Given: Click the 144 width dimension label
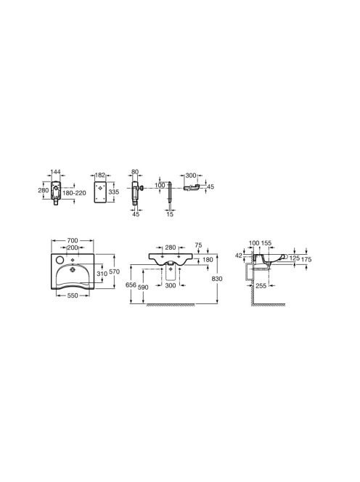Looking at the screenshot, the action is point(56,171).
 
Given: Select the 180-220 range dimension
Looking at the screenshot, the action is point(74,193).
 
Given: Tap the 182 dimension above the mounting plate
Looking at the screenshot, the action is point(100,175).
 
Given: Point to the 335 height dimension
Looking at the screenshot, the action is point(114,192).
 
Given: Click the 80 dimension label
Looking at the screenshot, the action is point(135,172).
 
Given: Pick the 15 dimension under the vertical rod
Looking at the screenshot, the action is point(170,214).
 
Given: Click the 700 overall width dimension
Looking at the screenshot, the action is point(73,240).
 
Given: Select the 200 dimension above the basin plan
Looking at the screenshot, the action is point(73,248).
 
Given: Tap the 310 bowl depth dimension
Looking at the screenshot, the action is point(102,273).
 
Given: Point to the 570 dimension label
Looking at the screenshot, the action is point(115,271).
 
